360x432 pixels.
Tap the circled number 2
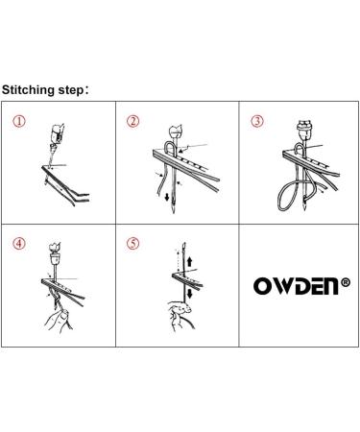(x=134, y=122)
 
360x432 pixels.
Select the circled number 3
(x=255, y=122)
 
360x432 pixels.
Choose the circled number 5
(x=134, y=242)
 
